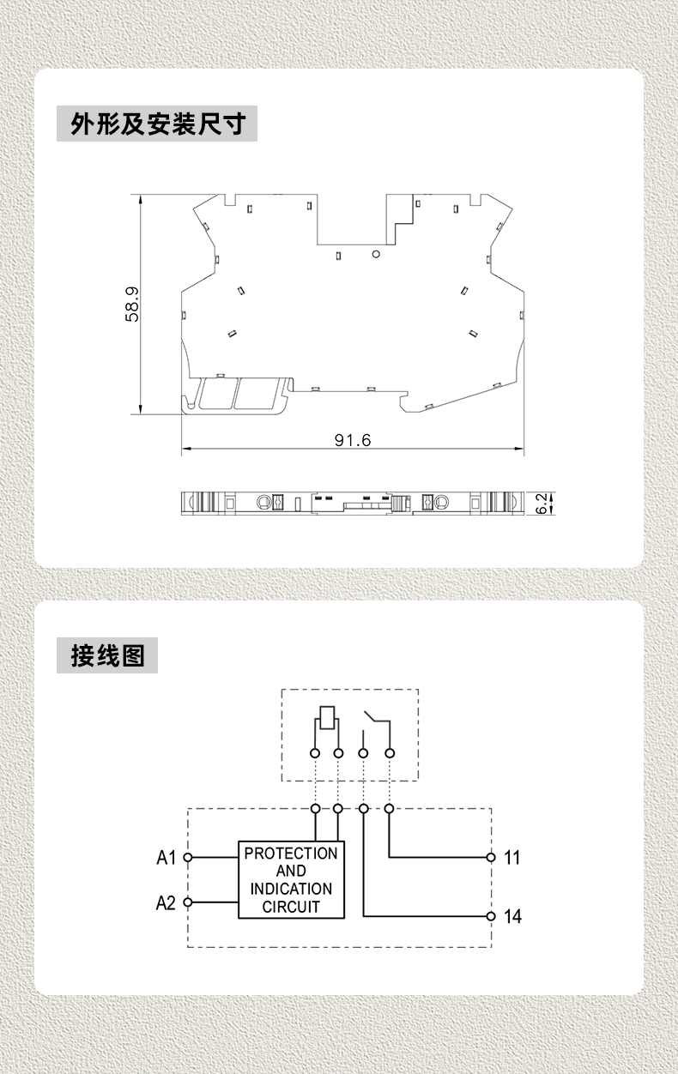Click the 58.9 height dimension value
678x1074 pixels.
[132, 305]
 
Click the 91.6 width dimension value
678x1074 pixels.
[353, 440]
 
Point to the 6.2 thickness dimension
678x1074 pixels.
[541, 504]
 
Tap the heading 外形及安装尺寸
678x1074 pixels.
[158, 124]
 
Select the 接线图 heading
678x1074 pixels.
[107, 655]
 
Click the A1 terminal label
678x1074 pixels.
[166, 857]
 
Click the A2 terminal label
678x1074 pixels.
[166, 902]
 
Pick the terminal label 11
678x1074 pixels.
[512, 857]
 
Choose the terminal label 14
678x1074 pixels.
[512, 916]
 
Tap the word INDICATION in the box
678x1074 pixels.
[291, 889]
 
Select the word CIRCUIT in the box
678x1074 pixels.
[291, 907]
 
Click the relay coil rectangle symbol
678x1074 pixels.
[327, 717]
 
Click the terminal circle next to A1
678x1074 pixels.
[188, 857]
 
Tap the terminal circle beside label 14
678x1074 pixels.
[491, 916]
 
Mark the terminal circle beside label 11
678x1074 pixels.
[491, 857]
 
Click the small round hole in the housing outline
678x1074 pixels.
[376, 254]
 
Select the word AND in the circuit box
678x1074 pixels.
[291, 871]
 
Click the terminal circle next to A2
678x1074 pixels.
[188, 902]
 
